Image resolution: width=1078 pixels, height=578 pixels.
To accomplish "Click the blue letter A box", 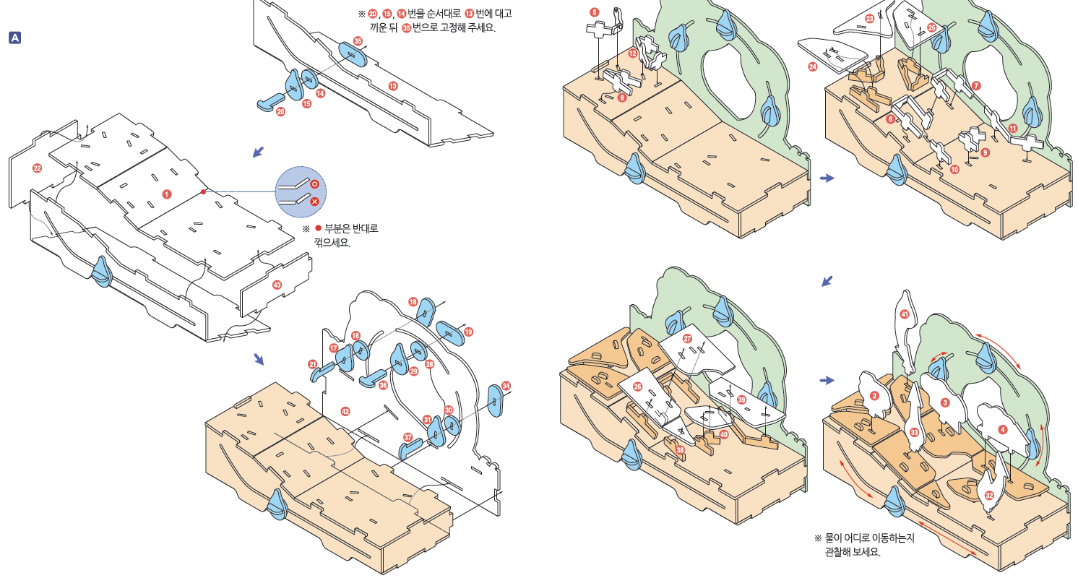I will (14, 36).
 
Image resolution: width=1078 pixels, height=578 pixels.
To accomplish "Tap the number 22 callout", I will (38, 168).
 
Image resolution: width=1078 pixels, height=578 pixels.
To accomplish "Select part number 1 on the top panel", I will (167, 194).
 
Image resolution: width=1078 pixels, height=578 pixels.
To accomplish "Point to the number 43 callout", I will (277, 285).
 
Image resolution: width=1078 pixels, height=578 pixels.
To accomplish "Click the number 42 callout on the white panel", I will (345, 410).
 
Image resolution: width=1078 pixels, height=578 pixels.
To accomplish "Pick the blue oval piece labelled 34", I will (496, 400).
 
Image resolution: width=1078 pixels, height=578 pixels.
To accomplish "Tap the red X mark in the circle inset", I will (314, 201).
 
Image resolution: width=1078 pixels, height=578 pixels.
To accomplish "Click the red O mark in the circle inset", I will (314, 185).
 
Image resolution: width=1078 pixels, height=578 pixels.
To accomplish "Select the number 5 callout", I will (594, 12).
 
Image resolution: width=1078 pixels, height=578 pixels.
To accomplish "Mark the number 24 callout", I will (813, 66).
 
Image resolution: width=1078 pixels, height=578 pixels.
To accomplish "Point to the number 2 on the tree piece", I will (874, 396).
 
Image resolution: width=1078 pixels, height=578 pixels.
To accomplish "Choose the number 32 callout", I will (989, 496).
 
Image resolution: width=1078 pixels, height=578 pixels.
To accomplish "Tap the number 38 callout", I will (679, 449).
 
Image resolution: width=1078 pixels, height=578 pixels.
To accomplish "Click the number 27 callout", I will (687, 339).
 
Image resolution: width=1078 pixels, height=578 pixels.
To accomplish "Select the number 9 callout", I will (985, 152).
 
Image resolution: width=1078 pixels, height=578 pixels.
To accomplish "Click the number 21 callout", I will (313, 364).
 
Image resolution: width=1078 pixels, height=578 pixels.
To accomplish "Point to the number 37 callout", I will (408, 438).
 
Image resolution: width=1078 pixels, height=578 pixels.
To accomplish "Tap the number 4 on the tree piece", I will (1002, 431).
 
